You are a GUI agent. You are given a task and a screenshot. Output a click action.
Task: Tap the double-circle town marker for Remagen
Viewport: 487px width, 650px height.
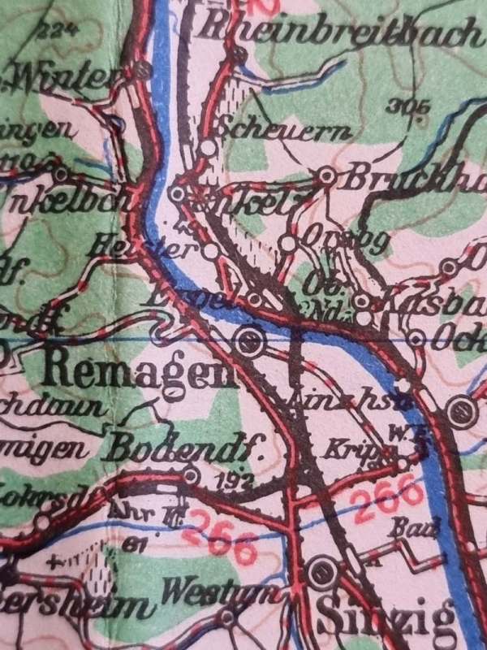click(x=251, y=341)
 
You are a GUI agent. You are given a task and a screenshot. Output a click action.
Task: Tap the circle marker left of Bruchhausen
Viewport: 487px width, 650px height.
click(x=326, y=175)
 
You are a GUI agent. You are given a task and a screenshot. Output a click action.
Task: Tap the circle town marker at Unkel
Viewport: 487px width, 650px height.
click(x=178, y=194)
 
